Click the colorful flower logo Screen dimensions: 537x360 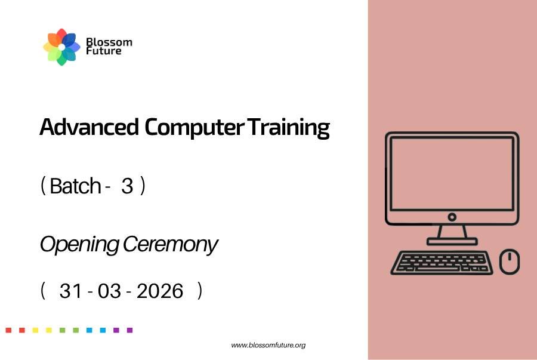pos(61,47)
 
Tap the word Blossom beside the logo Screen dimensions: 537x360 pos(109,42)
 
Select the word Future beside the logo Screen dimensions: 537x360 pos(104,51)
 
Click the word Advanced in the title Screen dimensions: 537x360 pos(89,127)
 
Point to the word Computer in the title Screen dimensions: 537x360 pos(195,128)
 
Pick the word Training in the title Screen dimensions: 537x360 pos(289,128)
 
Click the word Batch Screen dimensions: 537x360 pos(75,186)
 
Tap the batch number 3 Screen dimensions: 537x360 pos(127,186)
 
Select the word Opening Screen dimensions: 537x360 pos(79,245)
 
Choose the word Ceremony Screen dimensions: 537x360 pos(170,245)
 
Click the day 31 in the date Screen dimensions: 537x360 pos(71,291)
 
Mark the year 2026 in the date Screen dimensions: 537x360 pos(160,291)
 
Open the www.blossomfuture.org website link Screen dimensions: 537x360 pos(268,345)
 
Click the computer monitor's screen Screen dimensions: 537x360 pos(452,173)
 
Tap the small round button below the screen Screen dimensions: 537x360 pos(452,217)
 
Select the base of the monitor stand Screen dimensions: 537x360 pos(452,241)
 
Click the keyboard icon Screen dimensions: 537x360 pos(442,263)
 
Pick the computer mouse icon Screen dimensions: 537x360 pos(510,261)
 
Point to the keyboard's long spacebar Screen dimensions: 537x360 pos(438,269)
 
